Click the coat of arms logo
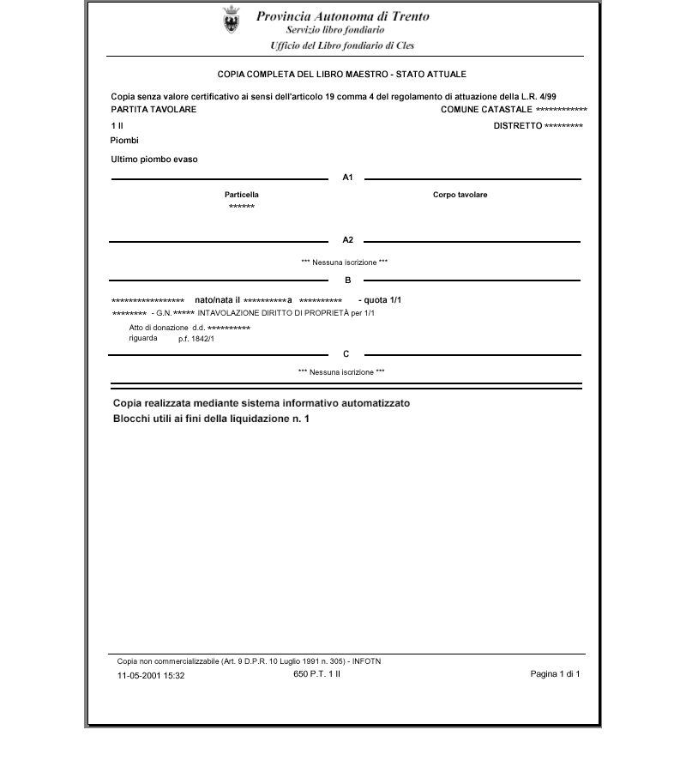231,19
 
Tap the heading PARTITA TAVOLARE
153,110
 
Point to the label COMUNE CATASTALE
485,110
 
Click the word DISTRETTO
517,126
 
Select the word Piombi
124,141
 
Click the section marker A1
347,178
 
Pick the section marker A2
347,240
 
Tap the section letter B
347,280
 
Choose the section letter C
346,354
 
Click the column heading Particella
241,195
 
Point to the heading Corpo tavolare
460,195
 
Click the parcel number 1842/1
202,339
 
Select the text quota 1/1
380,299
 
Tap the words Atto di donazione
159,328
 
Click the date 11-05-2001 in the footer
139,675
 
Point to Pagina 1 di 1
555,674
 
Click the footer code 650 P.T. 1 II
316,674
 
